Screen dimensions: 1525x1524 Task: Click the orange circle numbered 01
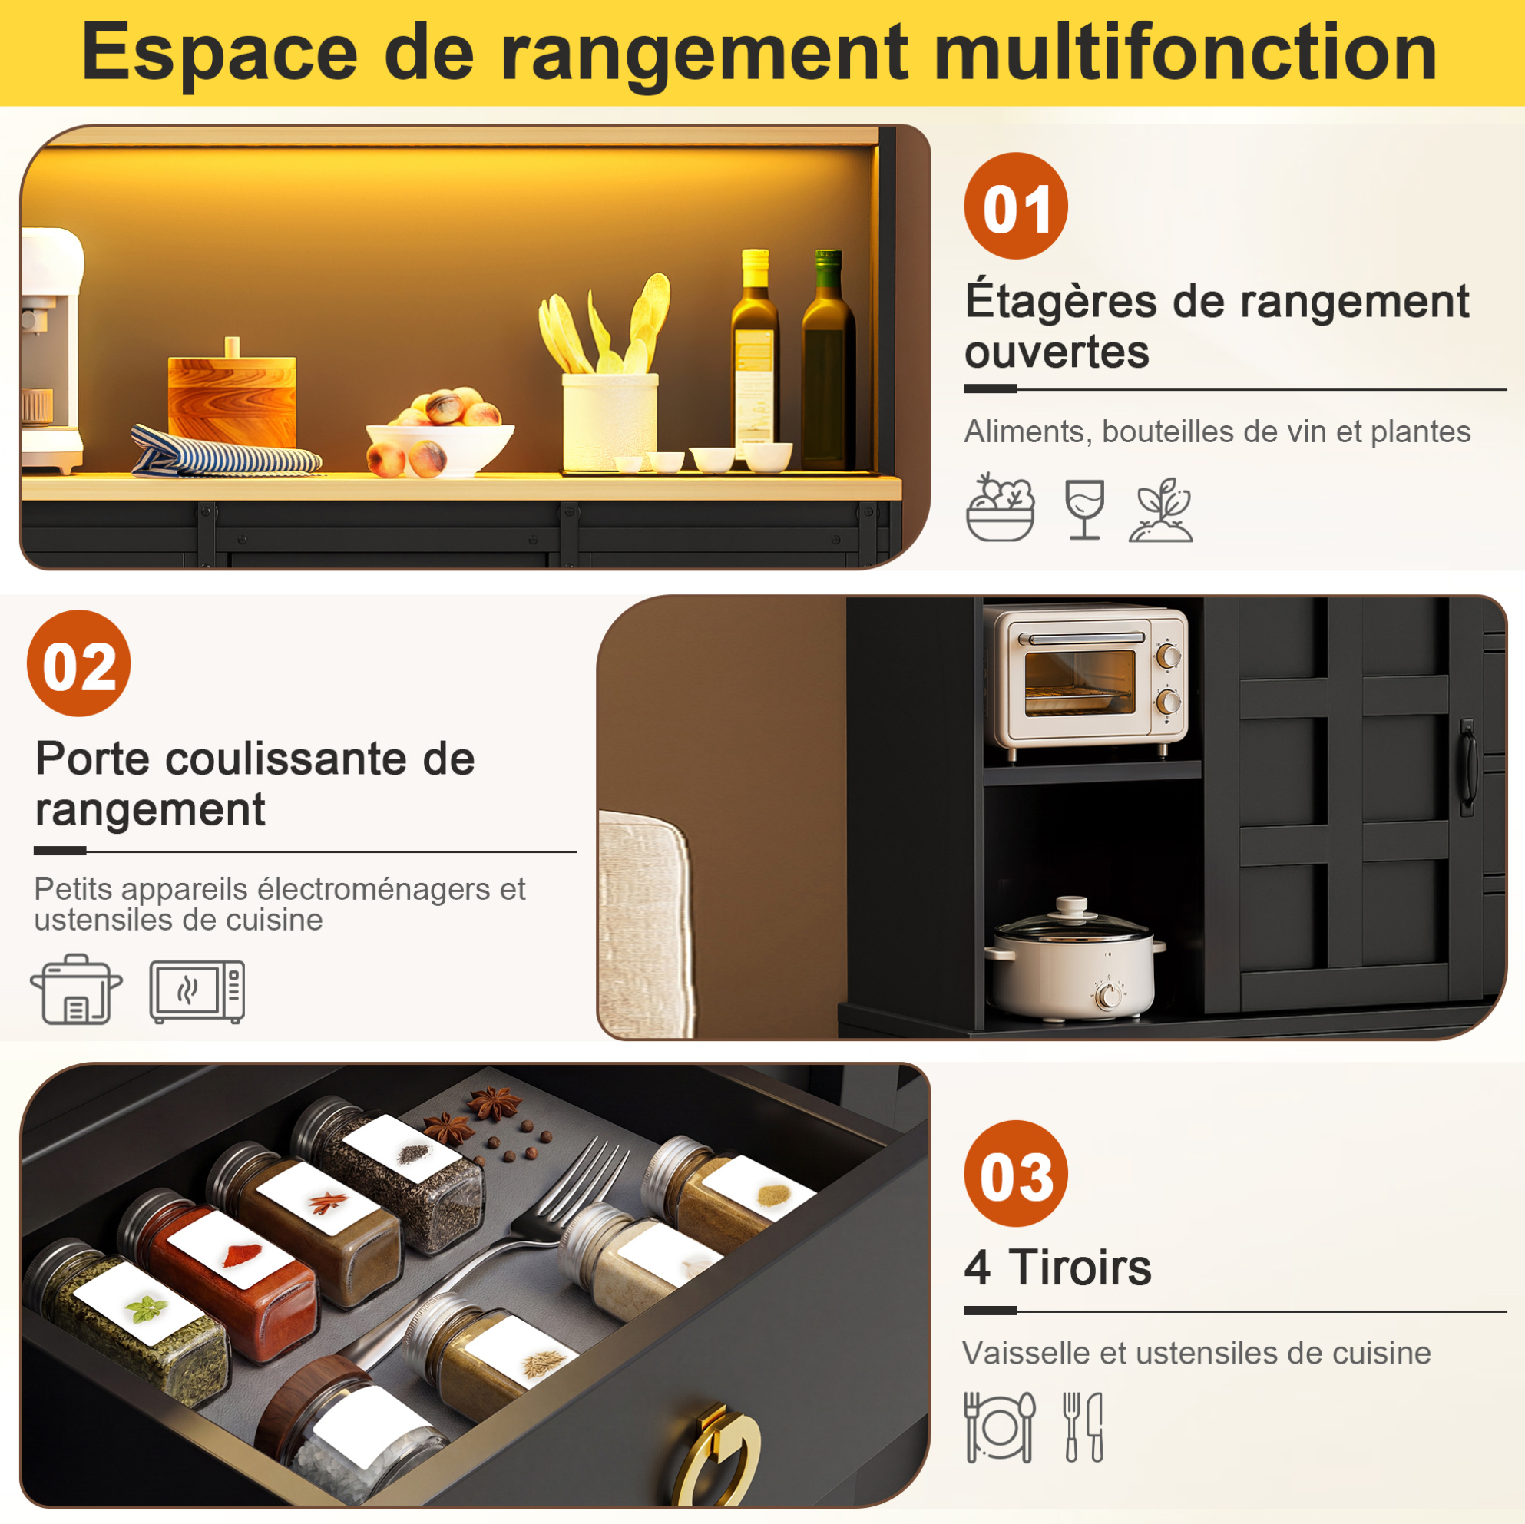pos(1015,206)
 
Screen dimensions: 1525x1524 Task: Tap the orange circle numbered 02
pos(79,663)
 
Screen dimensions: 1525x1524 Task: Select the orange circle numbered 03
pos(1015,1173)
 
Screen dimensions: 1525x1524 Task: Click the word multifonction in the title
pos(1185,52)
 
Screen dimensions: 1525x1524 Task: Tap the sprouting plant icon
pos(1160,510)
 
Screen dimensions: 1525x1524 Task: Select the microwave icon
pos(197,991)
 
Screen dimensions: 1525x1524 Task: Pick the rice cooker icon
pos(76,990)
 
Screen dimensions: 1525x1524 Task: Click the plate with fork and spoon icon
pos(998,1427)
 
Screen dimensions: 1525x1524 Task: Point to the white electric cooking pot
pos(1073,959)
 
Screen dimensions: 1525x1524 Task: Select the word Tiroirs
pos(1080,1268)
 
